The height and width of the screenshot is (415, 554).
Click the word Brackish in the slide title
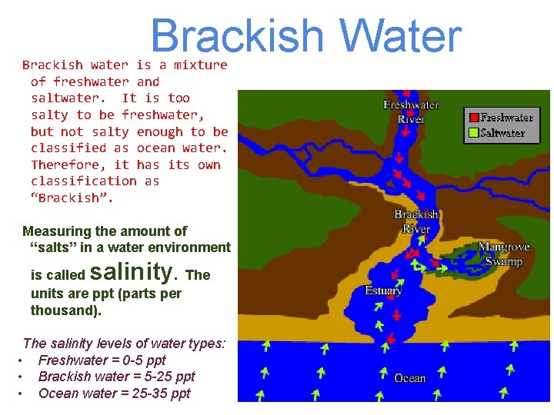pyautogui.click(x=238, y=36)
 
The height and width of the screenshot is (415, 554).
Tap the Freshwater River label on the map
pyautogui.click(x=411, y=112)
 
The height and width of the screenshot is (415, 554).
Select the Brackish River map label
pyautogui.click(x=416, y=221)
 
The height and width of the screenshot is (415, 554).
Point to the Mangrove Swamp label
pyautogui.click(x=504, y=254)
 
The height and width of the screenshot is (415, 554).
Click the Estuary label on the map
pyautogui.click(x=383, y=291)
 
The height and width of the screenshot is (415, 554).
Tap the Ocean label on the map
pyautogui.click(x=409, y=378)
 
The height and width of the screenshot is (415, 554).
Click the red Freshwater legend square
pyautogui.click(x=474, y=118)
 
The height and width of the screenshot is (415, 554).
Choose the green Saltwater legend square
pyautogui.click(x=474, y=133)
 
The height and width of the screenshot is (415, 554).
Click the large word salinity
pyautogui.click(x=134, y=271)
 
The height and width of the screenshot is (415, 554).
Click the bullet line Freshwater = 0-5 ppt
pyautogui.click(x=102, y=360)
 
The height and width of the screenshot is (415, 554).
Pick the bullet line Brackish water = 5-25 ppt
pyautogui.click(x=116, y=377)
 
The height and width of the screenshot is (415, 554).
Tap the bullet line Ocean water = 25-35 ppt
pyautogui.click(x=114, y=393)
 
